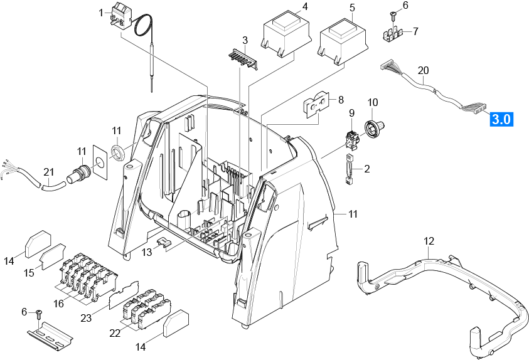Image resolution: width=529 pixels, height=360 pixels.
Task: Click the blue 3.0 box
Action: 501,119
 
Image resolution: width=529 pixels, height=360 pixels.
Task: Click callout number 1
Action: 101,12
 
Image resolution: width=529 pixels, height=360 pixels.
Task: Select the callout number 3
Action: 245,41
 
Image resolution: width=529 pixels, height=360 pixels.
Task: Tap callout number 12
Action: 429,241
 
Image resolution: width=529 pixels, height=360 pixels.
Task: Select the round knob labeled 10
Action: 375,129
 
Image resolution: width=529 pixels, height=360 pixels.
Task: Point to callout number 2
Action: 367,169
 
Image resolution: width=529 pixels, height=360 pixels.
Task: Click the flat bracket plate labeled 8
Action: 317,106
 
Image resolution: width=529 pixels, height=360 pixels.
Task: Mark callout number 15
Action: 29,273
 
